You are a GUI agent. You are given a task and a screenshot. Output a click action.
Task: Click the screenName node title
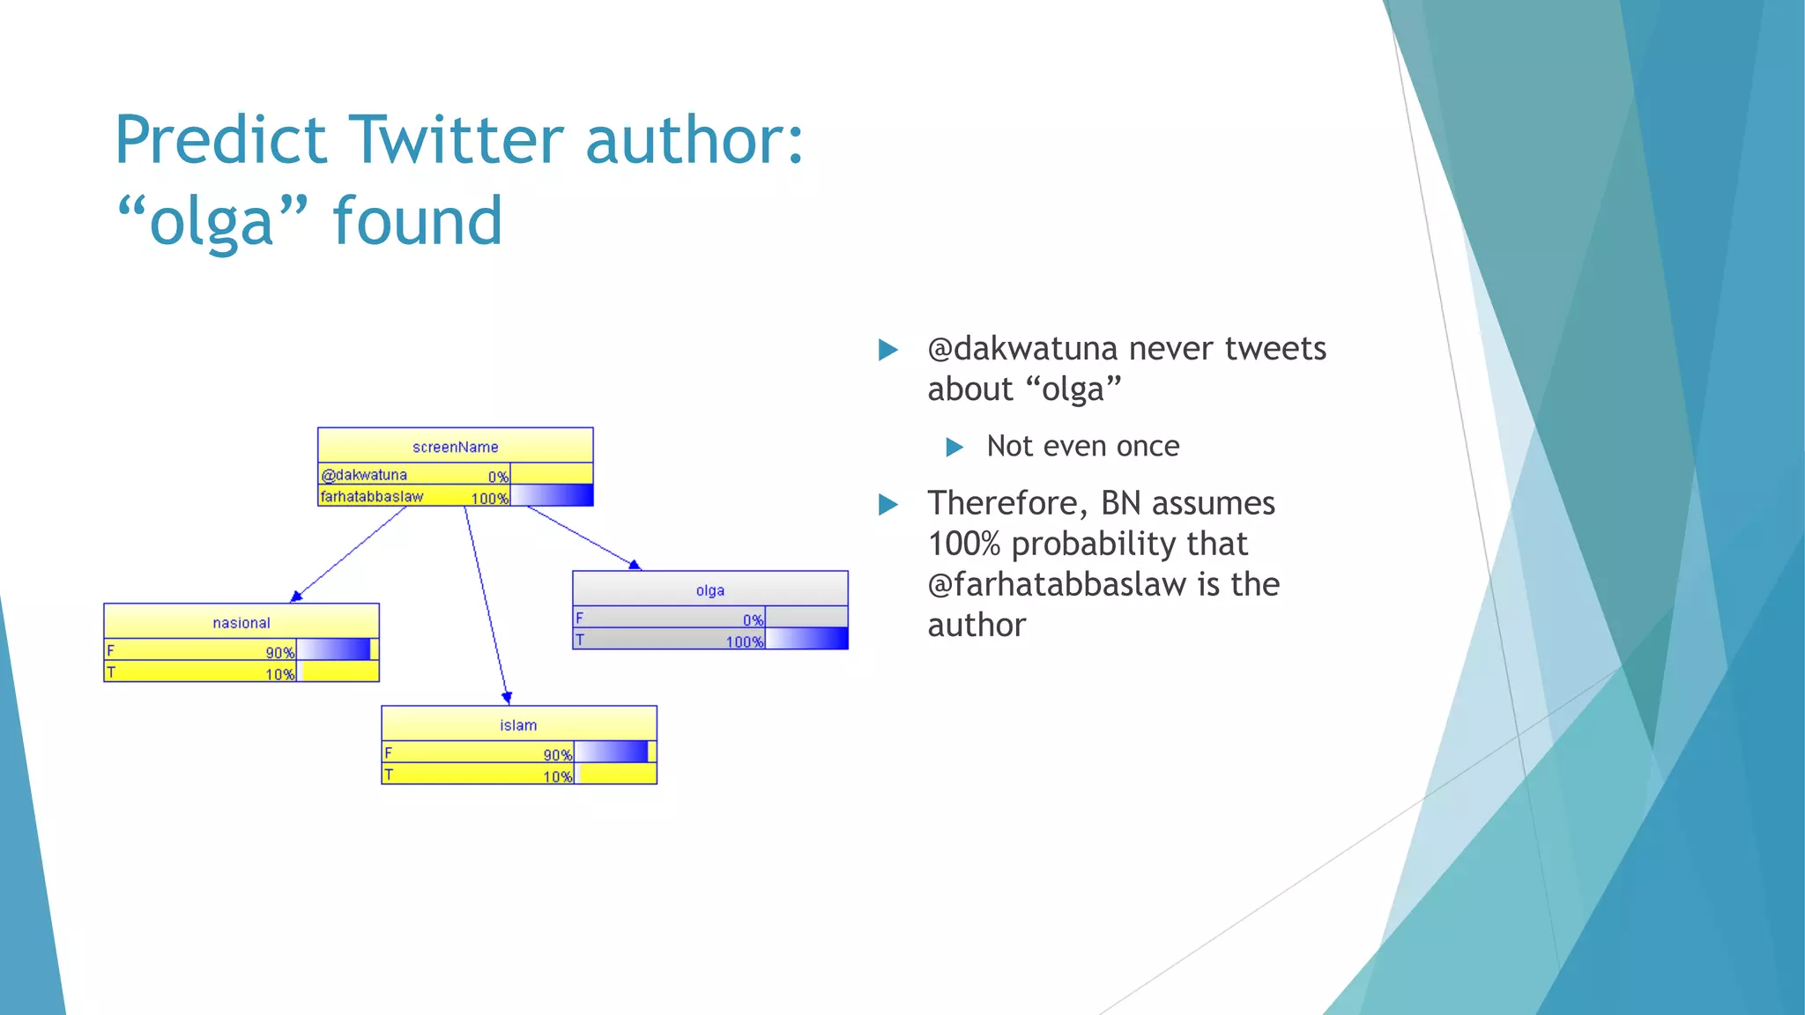[455, 447]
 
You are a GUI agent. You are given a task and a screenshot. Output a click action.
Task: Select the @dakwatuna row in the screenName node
[364, 475]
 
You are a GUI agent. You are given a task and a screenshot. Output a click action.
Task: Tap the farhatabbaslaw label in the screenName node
[371, 497]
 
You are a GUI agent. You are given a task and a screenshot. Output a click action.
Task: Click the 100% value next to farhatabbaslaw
[489, 499]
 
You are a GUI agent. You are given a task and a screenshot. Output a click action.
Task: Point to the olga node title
[709, 590]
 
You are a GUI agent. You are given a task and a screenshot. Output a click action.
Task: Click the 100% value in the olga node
[744, 642]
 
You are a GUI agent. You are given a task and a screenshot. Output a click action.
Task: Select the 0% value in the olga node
[753, 620]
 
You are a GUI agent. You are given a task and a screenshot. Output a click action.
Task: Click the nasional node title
[241, 623]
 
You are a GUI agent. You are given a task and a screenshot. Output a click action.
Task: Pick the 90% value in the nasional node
[279, 653]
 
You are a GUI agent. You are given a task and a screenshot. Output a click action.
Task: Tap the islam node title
[518, 725]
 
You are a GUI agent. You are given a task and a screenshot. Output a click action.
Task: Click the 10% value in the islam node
[557, 777]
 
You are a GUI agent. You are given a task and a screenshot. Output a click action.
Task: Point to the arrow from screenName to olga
[583, 537]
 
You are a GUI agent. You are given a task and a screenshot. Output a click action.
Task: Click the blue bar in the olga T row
[806, 640]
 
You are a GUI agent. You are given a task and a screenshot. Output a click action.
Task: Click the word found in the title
[417, 221]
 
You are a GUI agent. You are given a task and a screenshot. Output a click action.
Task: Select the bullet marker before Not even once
[954, 448]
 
